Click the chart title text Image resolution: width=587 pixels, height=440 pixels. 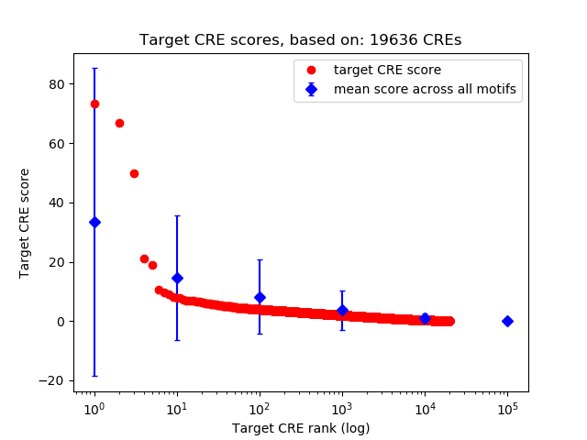click(x=300, y=40)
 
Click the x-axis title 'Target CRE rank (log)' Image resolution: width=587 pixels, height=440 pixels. click(x=300, y=428)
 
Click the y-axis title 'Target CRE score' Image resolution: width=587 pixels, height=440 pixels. click(x=25, y=223)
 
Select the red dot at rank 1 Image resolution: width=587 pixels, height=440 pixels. click(x=94, y=104)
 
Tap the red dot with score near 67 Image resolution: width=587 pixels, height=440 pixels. click(x=119, y=123)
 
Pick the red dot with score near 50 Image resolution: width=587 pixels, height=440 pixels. click(x=134, y=173)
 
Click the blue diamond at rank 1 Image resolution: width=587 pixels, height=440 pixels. click(x=94, y=222)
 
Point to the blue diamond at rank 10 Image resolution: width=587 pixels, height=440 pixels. click(x=177, y=278)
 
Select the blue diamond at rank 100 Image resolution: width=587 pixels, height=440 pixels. click(x=260, y=297)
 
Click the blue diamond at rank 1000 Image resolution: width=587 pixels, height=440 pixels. click(x=342, y=310)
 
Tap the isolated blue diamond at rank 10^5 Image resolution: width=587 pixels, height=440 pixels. click(x=507, y=321)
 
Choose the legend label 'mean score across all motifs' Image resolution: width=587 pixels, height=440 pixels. click(x=425, y=89)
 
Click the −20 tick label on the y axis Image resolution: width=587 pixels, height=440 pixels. click(x=53, y=380)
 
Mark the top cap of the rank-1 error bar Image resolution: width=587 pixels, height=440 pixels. click(x=94, y=68)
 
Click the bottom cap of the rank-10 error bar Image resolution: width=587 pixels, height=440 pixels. click(x=177, y=340)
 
